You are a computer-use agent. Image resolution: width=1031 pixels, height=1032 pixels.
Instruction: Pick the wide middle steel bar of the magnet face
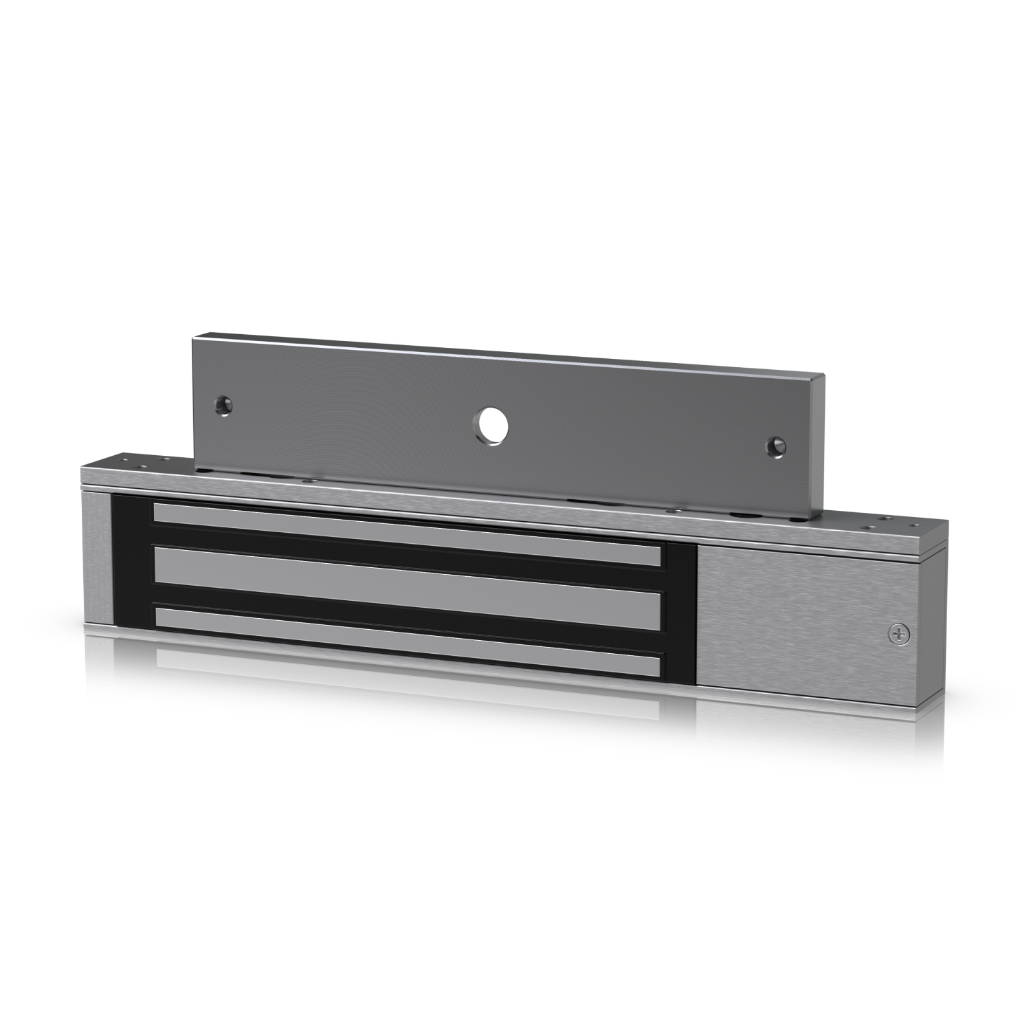(x=406, y=575)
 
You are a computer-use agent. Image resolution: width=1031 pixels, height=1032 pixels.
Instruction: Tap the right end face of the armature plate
(x=818, y=454)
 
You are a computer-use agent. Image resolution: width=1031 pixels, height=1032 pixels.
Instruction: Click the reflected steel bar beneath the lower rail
(x=406, y=659)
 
